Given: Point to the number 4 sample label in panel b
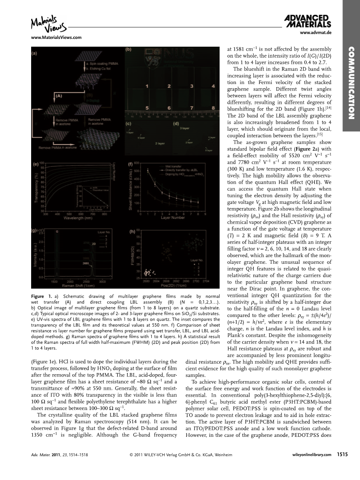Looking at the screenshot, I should coord(213,86).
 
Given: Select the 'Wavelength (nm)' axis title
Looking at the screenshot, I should coord(77,219).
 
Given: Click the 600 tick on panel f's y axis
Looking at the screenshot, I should coord(136,163).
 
